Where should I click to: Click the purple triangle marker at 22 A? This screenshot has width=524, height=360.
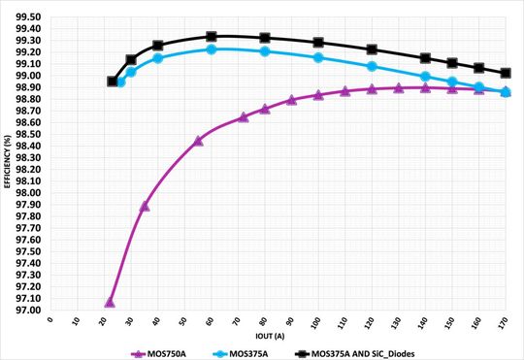coord(110,302)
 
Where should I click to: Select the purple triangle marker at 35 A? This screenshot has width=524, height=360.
coord(145,206)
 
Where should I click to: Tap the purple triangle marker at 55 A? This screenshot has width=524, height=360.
coord(198,141)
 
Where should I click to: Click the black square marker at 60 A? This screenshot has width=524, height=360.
coord(211,37)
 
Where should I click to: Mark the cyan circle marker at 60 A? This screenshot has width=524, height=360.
coord(211,49)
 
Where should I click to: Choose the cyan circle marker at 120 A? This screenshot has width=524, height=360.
coord(372,66)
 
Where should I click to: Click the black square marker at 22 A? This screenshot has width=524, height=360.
coord(112,82)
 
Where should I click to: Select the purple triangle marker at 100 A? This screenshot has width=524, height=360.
coord(318,95)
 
